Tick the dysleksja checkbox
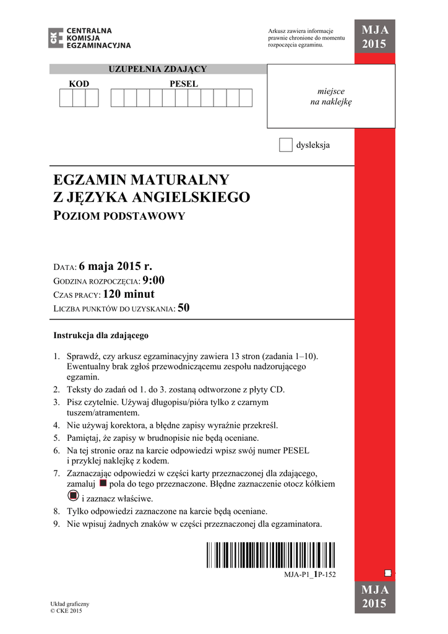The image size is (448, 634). pos(285,145)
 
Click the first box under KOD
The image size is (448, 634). pos(66,98)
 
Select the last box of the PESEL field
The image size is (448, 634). pos(246,98)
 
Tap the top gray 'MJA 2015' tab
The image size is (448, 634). pos(374,38)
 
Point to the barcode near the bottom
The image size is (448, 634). pos(271,555)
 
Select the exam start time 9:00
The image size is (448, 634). pos(153,280)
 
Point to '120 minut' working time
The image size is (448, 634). pos(129,294)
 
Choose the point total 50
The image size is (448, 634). pos(183,308)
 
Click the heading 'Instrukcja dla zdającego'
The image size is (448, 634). pos(101,336)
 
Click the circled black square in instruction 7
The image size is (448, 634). pos(72,495)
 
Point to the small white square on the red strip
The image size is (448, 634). pos(388,573)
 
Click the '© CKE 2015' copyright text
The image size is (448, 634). pos(66,611)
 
